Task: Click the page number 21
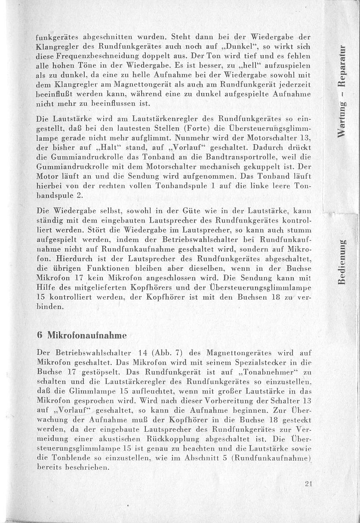click(308, 483)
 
